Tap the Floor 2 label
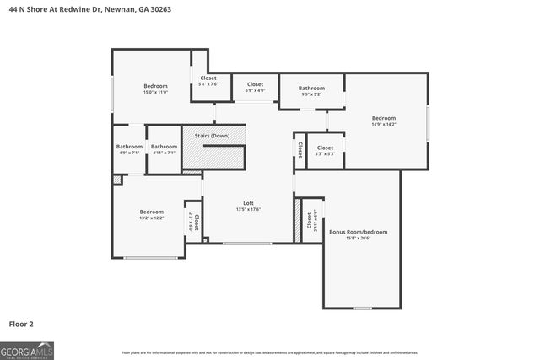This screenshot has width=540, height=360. (x=21, y=323)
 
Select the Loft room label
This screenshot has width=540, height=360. (x=249, y=202)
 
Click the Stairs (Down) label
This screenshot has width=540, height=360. (x=213, y=135)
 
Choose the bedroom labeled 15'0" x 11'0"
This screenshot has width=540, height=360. (x=155, y=86)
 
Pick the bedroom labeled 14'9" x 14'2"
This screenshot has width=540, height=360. (x=384, y=118)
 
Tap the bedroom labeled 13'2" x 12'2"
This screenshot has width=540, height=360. (x=151, y=212)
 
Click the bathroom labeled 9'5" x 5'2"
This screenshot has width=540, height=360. (x=311, y=88)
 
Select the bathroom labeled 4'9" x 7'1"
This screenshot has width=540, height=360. (x=129, y=147)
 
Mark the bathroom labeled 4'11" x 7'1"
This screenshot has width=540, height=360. (x=164, y=147)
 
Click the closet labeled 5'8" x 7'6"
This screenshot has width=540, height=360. (x=208, y=78)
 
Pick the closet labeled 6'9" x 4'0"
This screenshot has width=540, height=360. (x=255, y=84)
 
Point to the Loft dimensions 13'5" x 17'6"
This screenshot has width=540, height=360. (x=249, y=209)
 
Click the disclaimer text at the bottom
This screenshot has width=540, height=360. (x=270, y=352)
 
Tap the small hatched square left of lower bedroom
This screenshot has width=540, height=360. (x=117, y=180)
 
